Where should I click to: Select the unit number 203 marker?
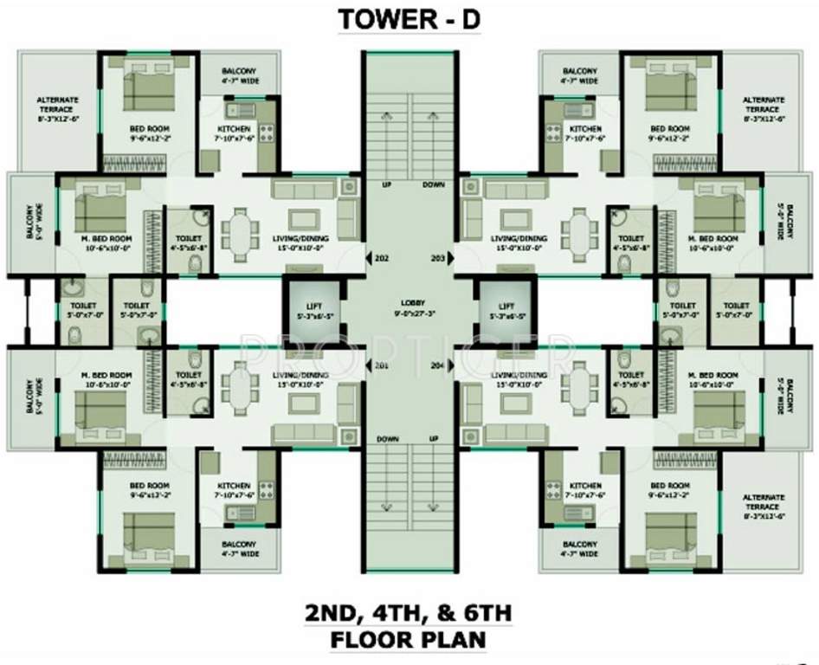pos(437,258)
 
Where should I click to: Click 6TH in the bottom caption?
pos(482,614)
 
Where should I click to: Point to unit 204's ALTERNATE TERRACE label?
pos(764,503)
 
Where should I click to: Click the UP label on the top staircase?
pos(387,185)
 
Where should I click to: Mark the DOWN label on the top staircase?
pos(433,185)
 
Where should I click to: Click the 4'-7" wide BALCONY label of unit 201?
pos(234,547)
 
